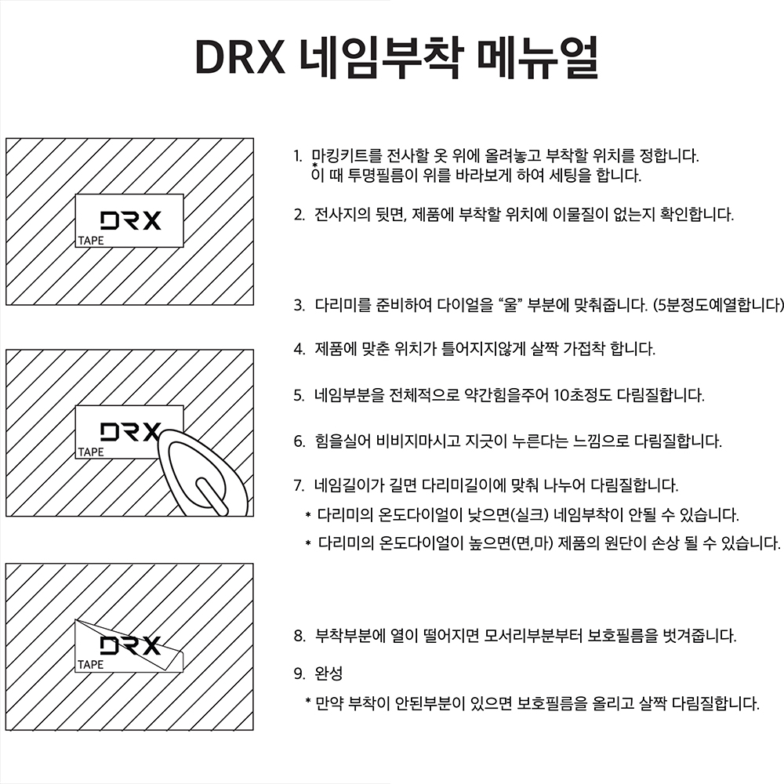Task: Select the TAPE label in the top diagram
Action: [x=90, y=241]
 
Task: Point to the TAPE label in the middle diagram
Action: [x=90, y=452]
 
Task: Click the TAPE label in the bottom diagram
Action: [x=90, y=665]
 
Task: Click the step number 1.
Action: [x=297, y=155]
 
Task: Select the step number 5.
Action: [x=298, y=395]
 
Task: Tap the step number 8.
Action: [x=298, y=636]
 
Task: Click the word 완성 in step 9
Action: [x=329, y=673]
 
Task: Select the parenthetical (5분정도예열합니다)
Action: [x=718, y=304]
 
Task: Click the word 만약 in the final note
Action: [x=330, y=703]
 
